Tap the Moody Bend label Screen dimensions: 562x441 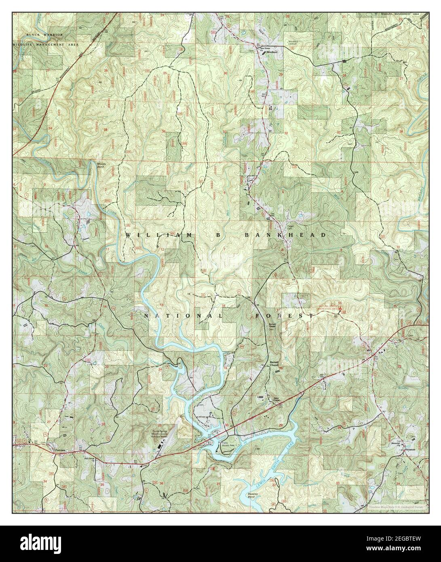coord(102,165)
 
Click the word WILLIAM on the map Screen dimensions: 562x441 coord(155,235)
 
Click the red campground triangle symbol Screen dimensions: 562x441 coord(341,308)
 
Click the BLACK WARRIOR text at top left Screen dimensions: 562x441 coord(45,36)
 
